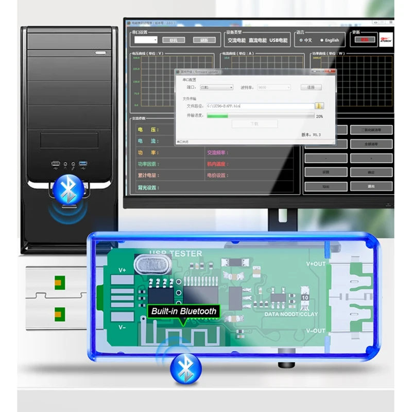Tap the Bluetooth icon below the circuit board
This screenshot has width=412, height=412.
(185, 367)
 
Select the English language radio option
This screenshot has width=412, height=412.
(323, 40)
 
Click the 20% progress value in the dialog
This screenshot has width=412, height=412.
(319, 116)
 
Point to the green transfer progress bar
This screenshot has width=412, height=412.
(217, 116)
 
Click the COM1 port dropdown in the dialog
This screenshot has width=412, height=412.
(216, 88)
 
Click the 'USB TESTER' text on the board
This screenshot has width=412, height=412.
(175, 253)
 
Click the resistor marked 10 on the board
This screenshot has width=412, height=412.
(305, 298)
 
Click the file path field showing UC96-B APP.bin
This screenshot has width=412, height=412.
(260, 106)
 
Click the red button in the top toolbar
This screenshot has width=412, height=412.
(365, 39)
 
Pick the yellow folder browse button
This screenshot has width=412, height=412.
(320, 106)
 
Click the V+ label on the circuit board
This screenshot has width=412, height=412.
(123, 270)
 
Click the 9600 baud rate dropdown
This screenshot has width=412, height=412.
(273, 88)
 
